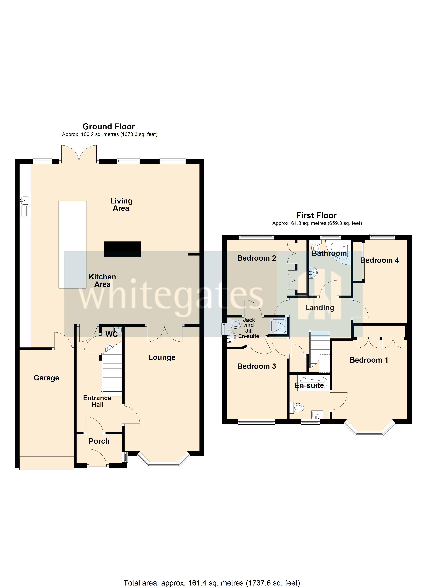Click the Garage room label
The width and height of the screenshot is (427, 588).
[46, 378]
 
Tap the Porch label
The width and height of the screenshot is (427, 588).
[99, 441]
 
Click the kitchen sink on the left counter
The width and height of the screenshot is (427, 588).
[25, 200]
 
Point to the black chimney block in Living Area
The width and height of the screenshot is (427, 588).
[122, 249]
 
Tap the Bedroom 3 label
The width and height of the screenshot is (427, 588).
[256, 366]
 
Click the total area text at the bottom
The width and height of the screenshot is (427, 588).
[212, 583]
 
